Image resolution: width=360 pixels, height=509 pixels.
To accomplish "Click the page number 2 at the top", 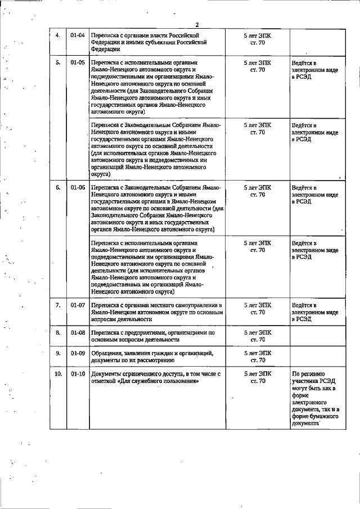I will point(197,24).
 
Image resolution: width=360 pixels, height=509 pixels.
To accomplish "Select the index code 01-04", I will point(78,35).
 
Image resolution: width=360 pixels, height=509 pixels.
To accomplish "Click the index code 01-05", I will point(78,62).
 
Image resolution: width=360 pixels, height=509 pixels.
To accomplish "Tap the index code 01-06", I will point(78,187).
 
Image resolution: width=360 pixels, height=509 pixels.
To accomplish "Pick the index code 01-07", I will point(78,305).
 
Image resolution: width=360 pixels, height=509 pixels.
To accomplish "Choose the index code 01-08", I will point(78,333).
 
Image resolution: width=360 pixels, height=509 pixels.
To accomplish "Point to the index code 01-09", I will point(78,353).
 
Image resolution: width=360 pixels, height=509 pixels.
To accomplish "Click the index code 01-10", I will point(78,373).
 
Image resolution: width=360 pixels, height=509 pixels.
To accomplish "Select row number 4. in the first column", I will point(57,35).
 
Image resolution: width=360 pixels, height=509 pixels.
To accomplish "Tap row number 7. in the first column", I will point(57,305).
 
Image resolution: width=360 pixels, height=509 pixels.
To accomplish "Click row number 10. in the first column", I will point(57,373).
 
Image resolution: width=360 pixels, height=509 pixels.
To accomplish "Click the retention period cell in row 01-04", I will point(257,38).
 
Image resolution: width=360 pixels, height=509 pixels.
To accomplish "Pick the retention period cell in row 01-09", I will point(257,356).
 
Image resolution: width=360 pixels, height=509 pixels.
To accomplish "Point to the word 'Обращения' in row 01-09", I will point(107,353).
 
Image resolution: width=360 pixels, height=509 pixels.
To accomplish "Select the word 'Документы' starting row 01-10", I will point(107,373).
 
